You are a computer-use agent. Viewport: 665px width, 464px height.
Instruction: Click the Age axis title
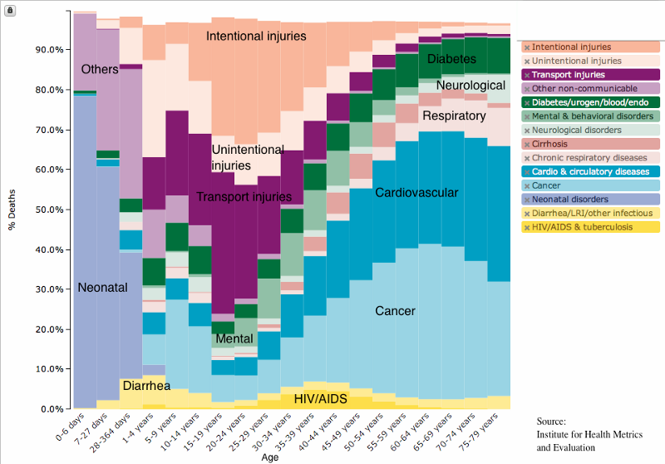point(270,457)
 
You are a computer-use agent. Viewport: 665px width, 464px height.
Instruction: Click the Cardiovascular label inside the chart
point(416,193)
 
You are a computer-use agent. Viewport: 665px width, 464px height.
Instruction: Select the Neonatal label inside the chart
point(102,287)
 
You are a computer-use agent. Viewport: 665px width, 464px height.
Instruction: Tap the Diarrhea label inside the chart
point(146,386)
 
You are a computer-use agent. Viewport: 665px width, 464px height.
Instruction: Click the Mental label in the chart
point(234,339)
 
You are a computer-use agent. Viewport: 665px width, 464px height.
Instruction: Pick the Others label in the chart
point(100,69)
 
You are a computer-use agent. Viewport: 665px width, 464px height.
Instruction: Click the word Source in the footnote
point(551,422)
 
